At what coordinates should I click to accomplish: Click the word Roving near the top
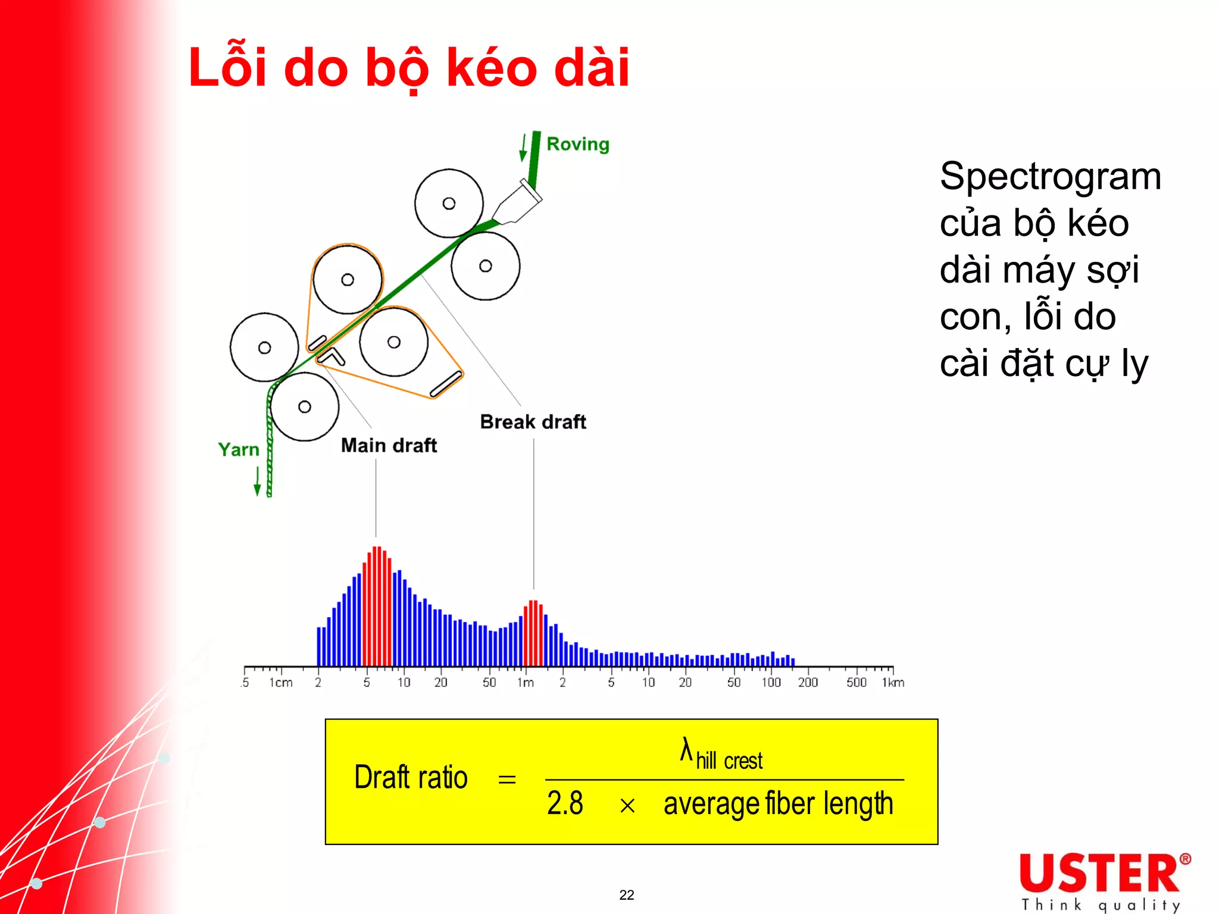[x=577, y=144]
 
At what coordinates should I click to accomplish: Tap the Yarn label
[x=239, y=450]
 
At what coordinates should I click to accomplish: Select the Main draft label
[x=389, y=445]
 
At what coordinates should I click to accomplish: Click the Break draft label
[x=533, y=421]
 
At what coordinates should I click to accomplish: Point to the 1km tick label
[x=893, y=683]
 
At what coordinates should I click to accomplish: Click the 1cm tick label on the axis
[x=281, y=683]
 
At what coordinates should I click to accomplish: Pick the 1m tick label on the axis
[x=525, y=683]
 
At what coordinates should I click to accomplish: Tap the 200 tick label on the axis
[x=808, y=683]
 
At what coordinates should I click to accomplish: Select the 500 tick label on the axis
[x=857, y=683]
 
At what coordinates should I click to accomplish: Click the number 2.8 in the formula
[x=565, y=803]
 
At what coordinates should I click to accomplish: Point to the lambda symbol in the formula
[x=686, y=750]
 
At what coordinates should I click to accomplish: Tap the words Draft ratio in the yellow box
[x=411, y=777]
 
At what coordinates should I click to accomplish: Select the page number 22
[x=627, y=895]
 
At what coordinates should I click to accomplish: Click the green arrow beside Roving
[x=523, y=148]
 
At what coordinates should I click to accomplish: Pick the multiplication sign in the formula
[x=627, y=806]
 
